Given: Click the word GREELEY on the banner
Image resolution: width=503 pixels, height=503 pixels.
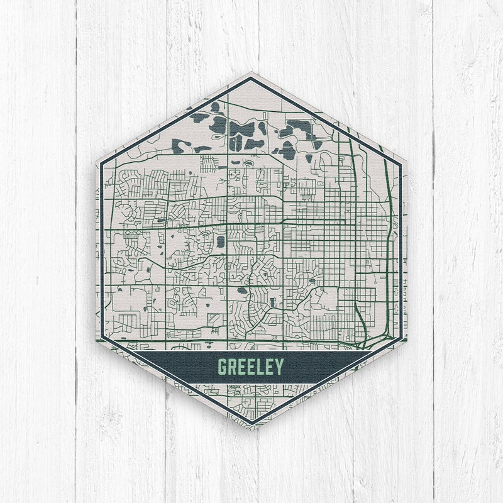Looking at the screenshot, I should pyautogui.click(x=251, y=366).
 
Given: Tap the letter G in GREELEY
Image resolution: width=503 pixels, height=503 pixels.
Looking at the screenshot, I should pyautogui.click(x=222, y=366).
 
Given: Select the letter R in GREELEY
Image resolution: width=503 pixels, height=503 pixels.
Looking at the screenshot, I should pyautogui.click(x=232, y=366).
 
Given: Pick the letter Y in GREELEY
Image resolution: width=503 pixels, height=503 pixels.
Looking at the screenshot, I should pyautogui.click(x=279, y=366).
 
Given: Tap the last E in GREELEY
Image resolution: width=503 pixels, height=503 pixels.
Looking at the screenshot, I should pyautogui.click(x=270, y=366).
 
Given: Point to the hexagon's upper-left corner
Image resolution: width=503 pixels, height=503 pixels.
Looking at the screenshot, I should pyautogui.click(x=96, y=162).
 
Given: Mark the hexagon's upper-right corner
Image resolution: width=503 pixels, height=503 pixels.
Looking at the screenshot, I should pyautogui.click(x=406, y=162).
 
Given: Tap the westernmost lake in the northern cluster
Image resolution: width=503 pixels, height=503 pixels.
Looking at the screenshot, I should pyautogui.click(x=199, y=117).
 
